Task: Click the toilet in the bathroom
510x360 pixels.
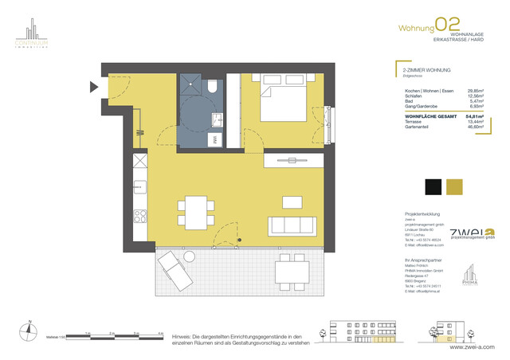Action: [x=214, y=88]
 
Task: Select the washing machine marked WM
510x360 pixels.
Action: [x=214, y=139]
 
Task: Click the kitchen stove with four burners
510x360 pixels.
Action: [x=139, y=215]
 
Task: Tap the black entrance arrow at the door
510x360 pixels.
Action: [x=95, y=85]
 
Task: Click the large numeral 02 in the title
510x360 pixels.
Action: [x=448, y=26]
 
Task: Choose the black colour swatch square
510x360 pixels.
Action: [x=432, y=186]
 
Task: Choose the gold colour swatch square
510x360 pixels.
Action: [x=455, y=186]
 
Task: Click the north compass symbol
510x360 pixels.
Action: [x=29, y=327]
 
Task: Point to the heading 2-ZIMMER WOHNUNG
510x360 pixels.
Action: [x=427, y=72]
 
